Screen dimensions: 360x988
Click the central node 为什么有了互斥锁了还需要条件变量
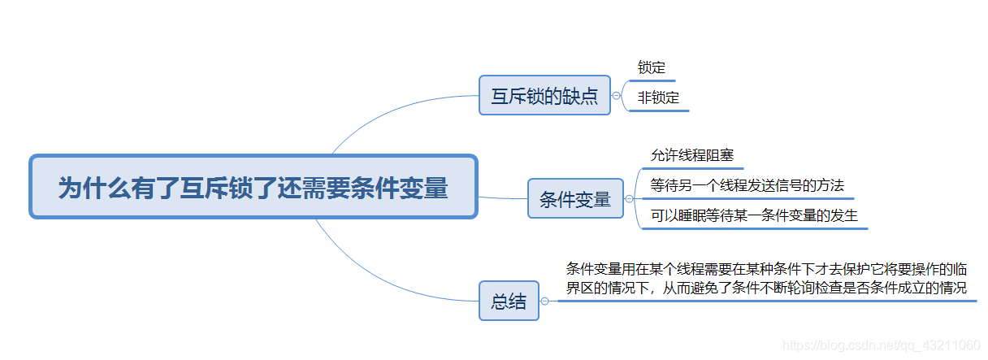[x=253, y=187]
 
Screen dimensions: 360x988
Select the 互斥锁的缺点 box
[x=544, y=96]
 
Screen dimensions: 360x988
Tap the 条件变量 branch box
[x=575, y=199]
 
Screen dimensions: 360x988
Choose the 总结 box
[x=509, y=301]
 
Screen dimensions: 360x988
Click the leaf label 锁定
[x=652, y=67]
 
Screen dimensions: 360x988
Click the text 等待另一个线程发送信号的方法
[x=747, y=185]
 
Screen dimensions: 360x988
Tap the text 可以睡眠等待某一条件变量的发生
[x=754, y=215]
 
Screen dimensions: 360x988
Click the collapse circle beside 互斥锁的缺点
[x=616, y=96]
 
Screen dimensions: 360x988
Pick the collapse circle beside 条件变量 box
[x=629, y=198]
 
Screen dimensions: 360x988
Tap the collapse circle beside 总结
[x=544, y=301]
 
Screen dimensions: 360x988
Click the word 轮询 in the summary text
[x=800, y=288]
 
